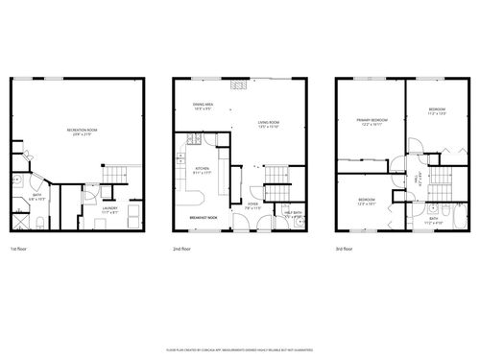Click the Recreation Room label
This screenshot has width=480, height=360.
point(79,132)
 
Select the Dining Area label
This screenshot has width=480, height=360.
point(203,107)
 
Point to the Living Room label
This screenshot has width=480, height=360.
point(268,124)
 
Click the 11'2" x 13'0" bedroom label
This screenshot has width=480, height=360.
point(438,112)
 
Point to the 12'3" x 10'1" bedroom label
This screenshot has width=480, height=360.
point(368,202)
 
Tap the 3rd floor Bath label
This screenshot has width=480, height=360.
point(435,219)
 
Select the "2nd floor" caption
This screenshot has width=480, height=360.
point(182,249)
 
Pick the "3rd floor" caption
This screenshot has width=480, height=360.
point(345,249)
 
